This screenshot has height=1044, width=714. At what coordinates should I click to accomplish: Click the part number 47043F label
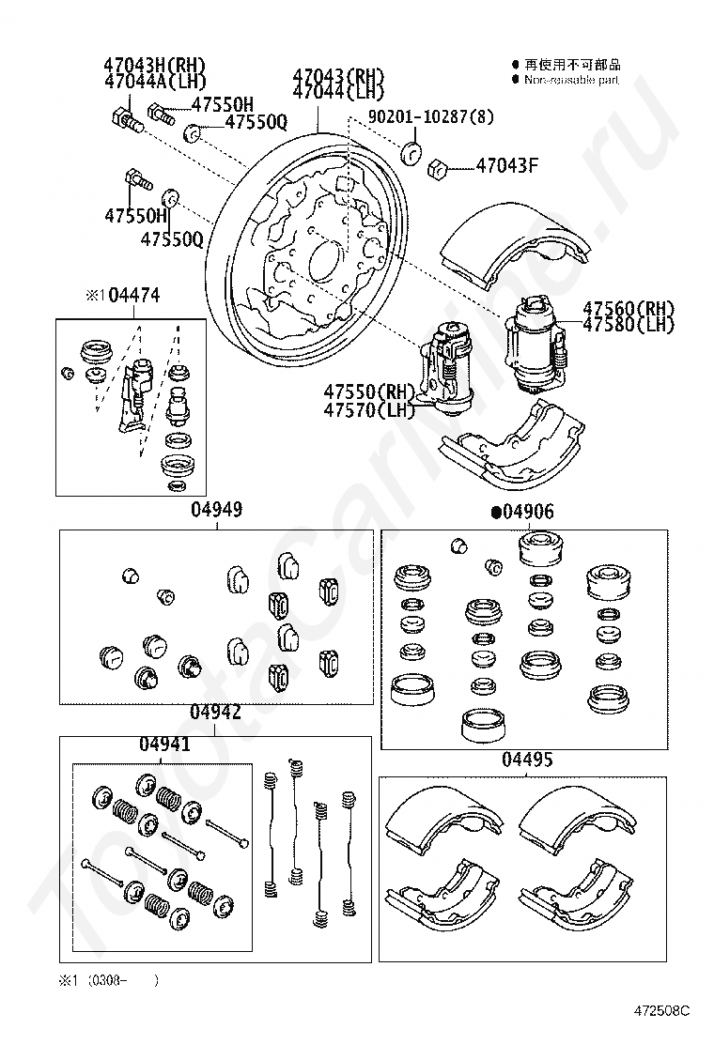pyautogui.click(x=506, y=167)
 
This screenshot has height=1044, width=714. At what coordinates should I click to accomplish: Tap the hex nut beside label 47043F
pyautogui.click(x=435, y=169)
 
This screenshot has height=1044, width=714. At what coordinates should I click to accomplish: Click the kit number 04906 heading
pyautogui.click(x=529, y=512)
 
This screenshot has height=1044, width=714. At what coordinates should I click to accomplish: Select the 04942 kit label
pyautogui.click(x=215, y=713)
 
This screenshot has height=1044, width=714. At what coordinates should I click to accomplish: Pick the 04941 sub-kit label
pyautogui.click(x=165, y=745)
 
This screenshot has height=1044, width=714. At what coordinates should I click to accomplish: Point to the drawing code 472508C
pyautogui.click(x=660, y=1010)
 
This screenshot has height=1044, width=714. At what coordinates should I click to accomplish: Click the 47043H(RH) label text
pyautogui.click(x=154, y=65)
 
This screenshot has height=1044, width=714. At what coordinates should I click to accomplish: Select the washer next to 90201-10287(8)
pyautogui.click(x=411, y=153)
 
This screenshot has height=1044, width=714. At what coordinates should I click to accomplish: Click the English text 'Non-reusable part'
pyautogui.click(x=571, y=81)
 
